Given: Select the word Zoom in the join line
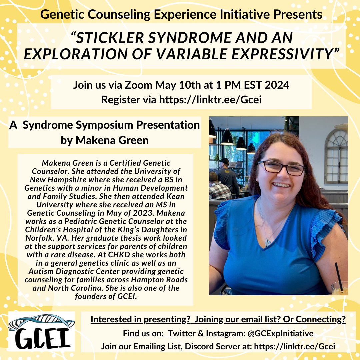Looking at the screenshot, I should [137, 85].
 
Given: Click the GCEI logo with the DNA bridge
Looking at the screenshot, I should [41, 332].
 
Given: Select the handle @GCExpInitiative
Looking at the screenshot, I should [280, 333].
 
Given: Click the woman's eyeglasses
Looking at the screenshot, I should [281, 167].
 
